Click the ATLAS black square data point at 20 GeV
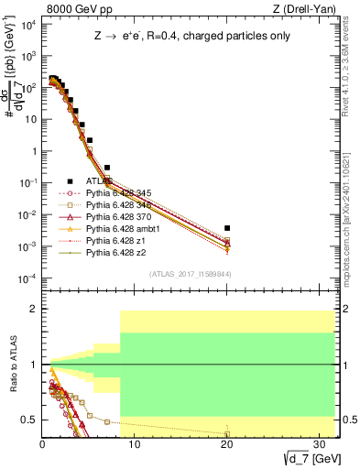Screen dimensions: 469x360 [227, 228]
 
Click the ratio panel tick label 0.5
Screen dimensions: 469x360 [27, 420]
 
